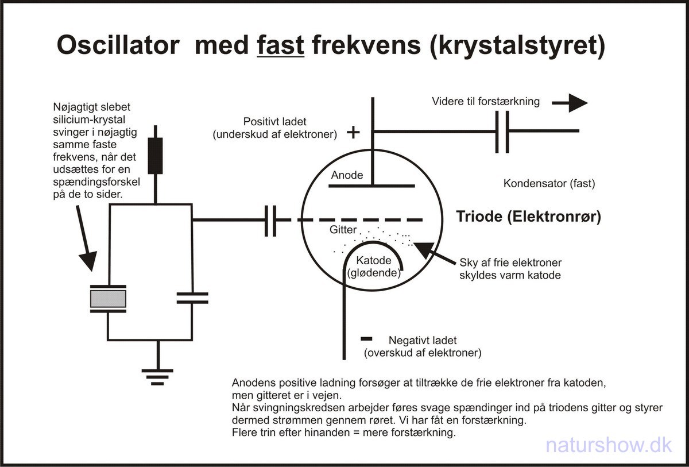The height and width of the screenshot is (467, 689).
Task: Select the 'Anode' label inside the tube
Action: [x=347, y=175]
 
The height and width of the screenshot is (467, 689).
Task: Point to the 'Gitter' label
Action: [x=343, y=230]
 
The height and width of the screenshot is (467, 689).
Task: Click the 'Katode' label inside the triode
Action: [x=373, y=262]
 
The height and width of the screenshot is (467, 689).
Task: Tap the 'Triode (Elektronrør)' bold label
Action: [x=528, y=217]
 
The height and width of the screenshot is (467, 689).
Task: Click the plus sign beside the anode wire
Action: [x=354, y=133]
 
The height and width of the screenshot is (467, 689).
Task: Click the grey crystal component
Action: [x=109, y=299]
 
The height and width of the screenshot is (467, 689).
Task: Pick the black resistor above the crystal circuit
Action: [x=155, y=156]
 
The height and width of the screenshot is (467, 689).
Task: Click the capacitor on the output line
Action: [x=502, y=132]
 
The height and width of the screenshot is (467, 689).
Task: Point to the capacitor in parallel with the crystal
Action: [x=192, y=298]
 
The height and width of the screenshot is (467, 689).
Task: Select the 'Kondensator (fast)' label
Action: [x=549, y=184]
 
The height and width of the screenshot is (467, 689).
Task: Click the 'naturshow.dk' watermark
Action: [x=609, y=444]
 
